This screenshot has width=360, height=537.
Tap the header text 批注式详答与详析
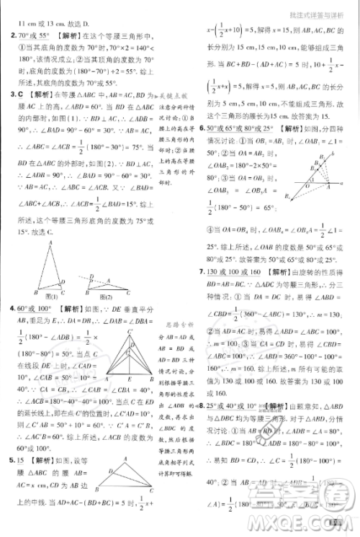(x=321, y=6)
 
